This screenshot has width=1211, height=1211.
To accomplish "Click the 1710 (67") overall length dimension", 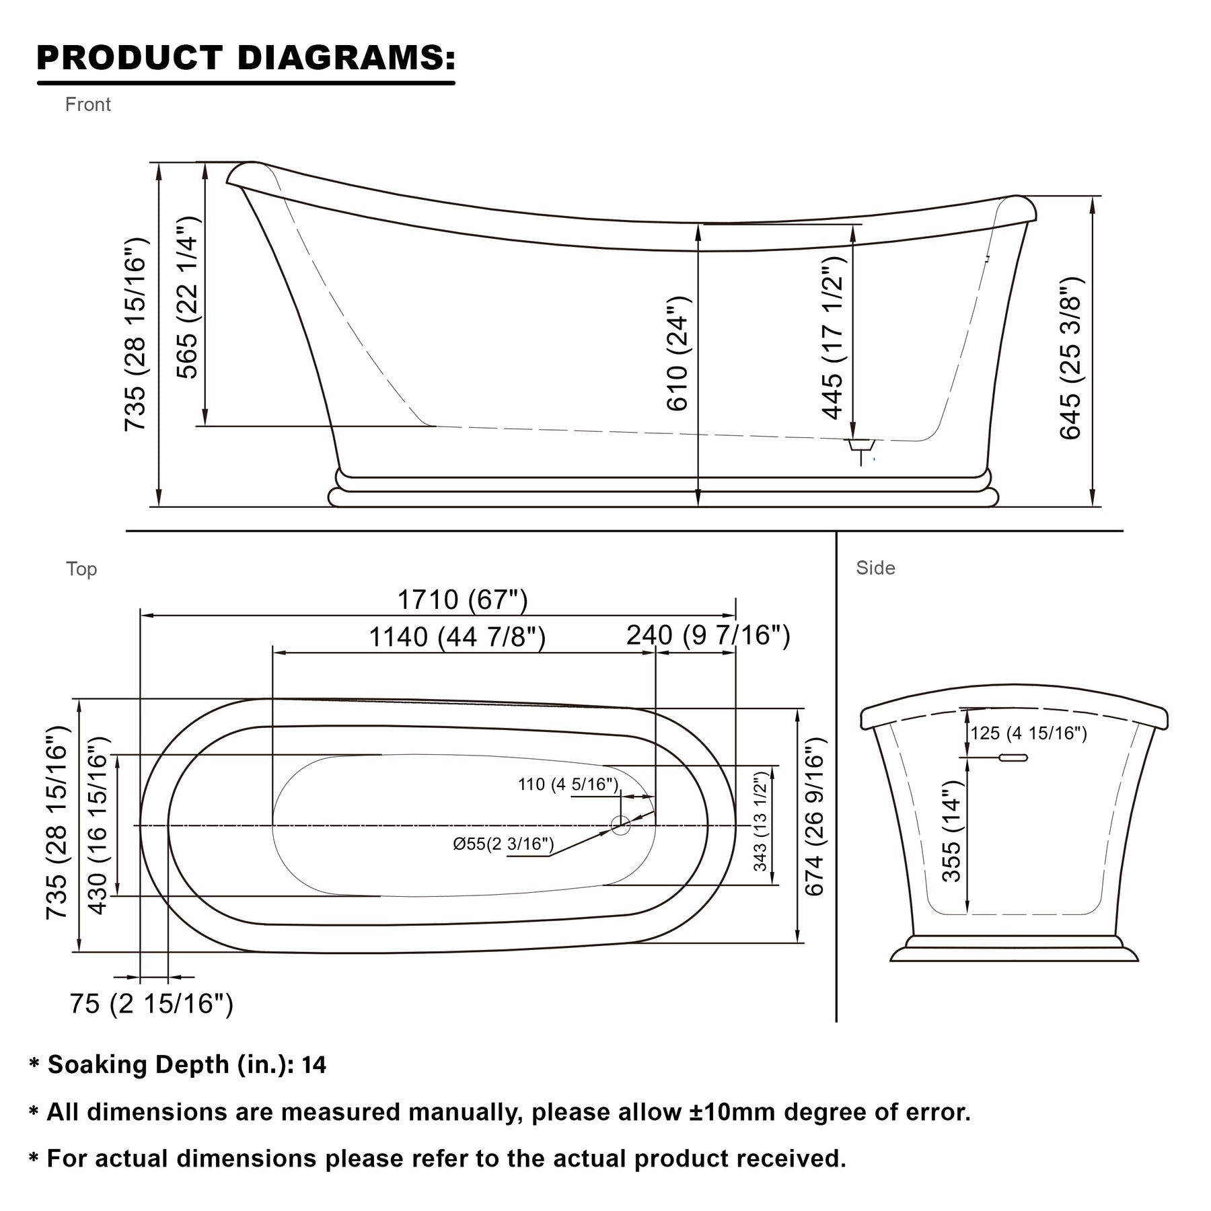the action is coord(463,599).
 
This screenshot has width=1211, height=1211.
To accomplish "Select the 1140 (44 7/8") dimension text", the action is coord(457,636).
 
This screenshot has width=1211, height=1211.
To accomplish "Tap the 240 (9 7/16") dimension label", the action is coord(708,634).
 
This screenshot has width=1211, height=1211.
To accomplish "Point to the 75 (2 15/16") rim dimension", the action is coord(152,1004).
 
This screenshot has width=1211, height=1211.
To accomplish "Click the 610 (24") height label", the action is coord(677,353).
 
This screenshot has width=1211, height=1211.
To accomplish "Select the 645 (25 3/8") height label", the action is coord(1070,359).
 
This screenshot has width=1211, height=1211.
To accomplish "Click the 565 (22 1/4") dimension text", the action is coord(187,297).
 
